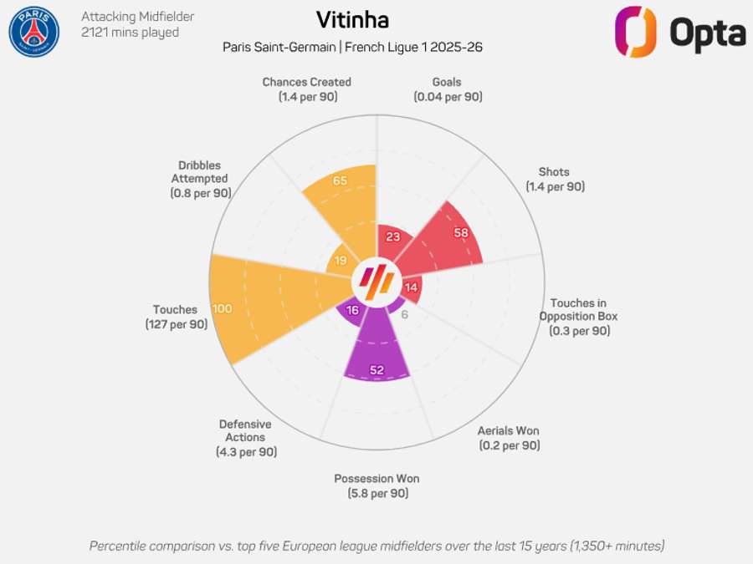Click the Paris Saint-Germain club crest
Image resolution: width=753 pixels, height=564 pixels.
point(34,32)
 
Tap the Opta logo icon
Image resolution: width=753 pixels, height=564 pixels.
point(635,32)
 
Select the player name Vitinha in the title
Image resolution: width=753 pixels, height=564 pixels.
point(352,20)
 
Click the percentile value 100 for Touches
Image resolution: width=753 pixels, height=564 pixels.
point(223,308)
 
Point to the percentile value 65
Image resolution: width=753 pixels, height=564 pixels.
point(340,180)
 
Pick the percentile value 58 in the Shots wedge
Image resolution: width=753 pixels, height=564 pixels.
point(461,232)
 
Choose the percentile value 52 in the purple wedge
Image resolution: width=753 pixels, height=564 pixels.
point(377,370)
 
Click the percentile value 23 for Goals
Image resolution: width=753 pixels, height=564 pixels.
point(393,236)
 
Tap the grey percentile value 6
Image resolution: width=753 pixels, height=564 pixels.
point(404,315)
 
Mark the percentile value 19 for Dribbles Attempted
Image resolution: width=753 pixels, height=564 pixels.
point(341,261)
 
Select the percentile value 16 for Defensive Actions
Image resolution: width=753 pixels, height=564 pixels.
point(352,310)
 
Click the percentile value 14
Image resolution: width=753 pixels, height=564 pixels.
point(411,287)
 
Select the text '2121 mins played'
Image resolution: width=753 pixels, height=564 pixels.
point(131,33)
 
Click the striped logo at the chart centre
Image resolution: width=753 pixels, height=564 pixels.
point(377,282)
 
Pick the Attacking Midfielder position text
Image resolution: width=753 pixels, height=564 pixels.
point(138,17)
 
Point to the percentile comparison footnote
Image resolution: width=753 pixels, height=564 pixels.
point(377,546)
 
